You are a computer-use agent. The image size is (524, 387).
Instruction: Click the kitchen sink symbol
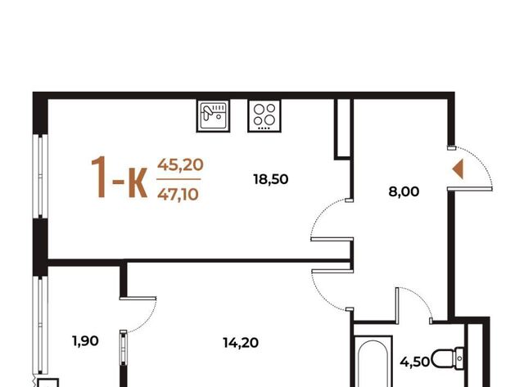(213, 115)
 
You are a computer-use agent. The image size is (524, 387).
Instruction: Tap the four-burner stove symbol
(264, 115)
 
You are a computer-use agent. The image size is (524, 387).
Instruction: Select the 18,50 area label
(271, 179)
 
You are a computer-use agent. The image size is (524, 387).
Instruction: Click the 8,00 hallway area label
(404, 191)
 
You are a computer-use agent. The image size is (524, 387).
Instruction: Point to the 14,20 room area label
(241, 343)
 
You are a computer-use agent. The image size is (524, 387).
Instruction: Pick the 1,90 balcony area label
(85, 341)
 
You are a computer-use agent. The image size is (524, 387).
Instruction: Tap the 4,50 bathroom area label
(415, 362)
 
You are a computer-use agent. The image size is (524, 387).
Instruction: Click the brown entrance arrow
(458, 169)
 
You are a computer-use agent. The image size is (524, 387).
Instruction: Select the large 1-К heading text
(119, 178)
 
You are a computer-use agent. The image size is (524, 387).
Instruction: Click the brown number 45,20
(180, 164)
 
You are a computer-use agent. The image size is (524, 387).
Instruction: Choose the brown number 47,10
(178, 194)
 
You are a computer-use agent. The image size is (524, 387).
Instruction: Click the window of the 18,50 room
(40, 176)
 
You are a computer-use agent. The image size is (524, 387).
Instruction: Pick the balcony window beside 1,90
(40, 325)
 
